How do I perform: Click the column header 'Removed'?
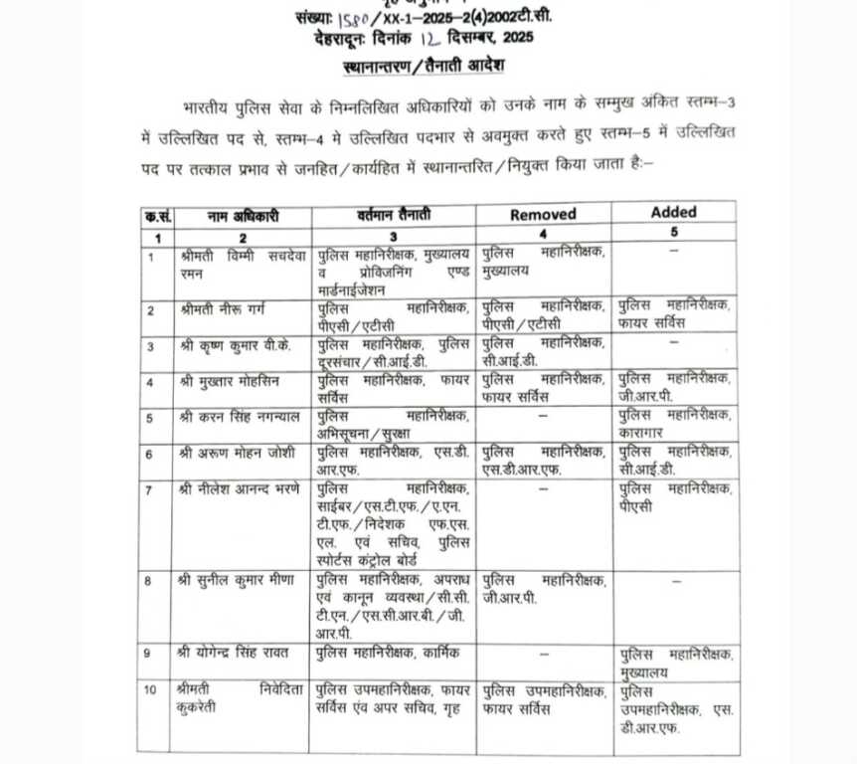(x=543, y=215)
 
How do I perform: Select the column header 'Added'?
(x=673, y=212)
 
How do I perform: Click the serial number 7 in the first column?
(x=151, y=490)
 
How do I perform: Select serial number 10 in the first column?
(x=153, y=690)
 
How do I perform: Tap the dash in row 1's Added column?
(x=673, y=254)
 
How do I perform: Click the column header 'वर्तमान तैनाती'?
(x=395, y=216)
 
